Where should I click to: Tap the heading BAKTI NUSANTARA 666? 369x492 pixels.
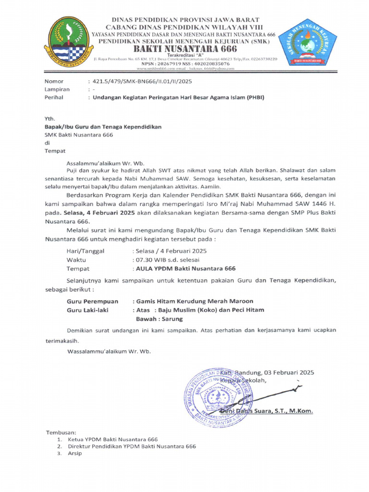[x=184, y=49]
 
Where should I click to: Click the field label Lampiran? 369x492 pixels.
[x=57, y=89]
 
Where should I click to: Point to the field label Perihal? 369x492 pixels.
[x=54, y=97]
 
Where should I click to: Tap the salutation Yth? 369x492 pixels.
[x=49, y=119]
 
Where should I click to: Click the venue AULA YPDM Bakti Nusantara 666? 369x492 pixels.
[x=185, y=268]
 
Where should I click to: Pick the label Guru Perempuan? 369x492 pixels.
[x=92, y=301]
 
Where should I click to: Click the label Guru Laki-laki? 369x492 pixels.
[x=87, y=310]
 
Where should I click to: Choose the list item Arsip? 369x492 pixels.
[x=75, y=453]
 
